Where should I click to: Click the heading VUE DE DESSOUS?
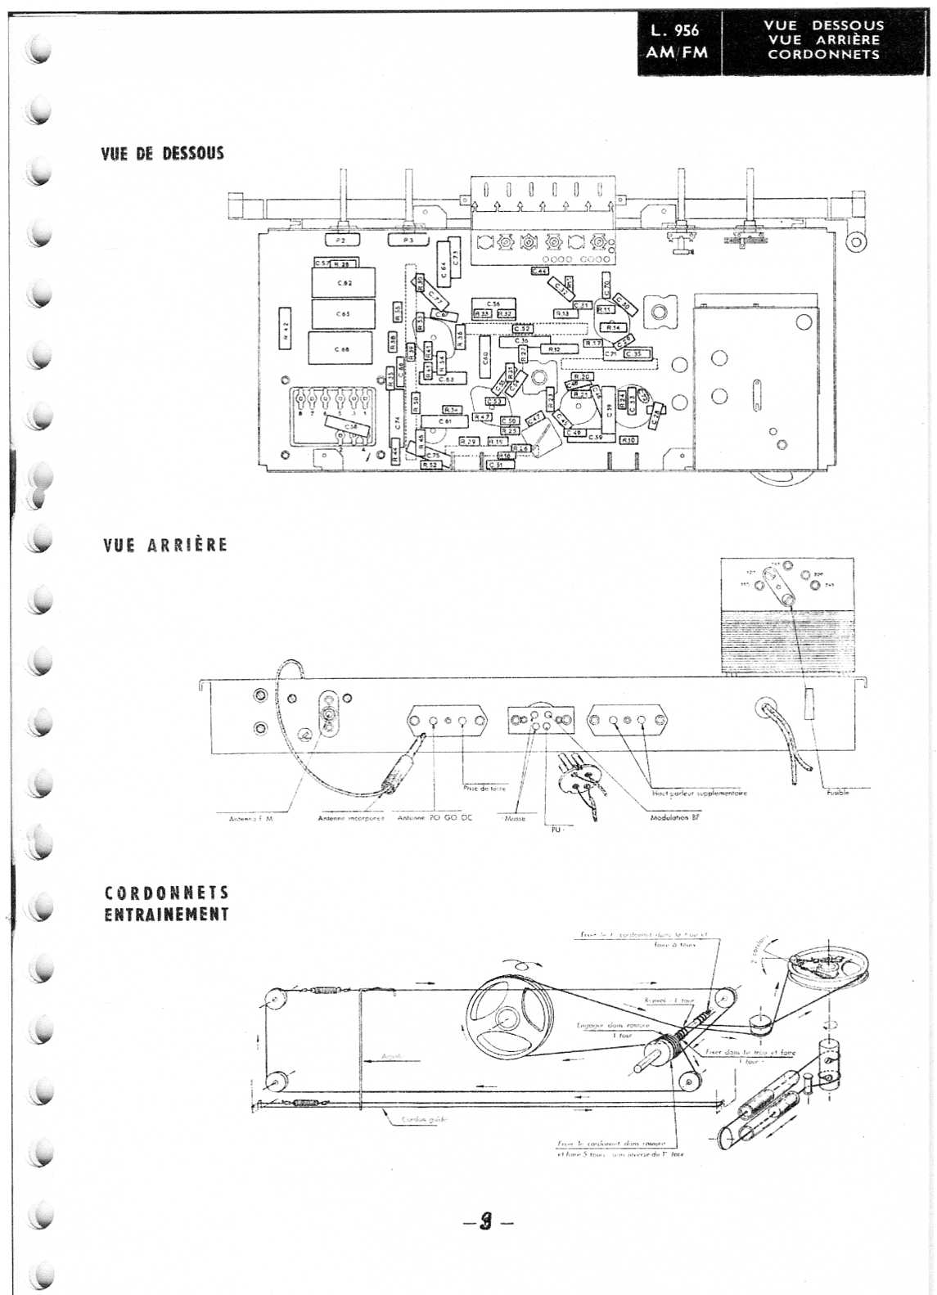point(162,154)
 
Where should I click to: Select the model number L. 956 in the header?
point(675,30)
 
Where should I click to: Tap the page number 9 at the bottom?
point(486,1221)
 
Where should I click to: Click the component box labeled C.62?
point(344,283)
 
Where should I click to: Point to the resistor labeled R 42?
point(285,328)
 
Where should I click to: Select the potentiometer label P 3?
point(408,241)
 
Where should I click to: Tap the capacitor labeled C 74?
point(398,422)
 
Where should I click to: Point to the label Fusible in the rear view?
point(837,792)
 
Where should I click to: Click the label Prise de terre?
point(484,788)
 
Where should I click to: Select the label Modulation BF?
point(675,817)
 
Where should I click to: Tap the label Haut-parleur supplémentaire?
point(699,793)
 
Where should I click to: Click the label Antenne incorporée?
point(350,817)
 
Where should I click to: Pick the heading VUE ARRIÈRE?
point(165,545)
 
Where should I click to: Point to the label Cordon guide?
point(424,1120)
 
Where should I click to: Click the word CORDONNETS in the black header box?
point(823,55)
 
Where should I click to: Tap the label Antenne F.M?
point(250,817)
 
